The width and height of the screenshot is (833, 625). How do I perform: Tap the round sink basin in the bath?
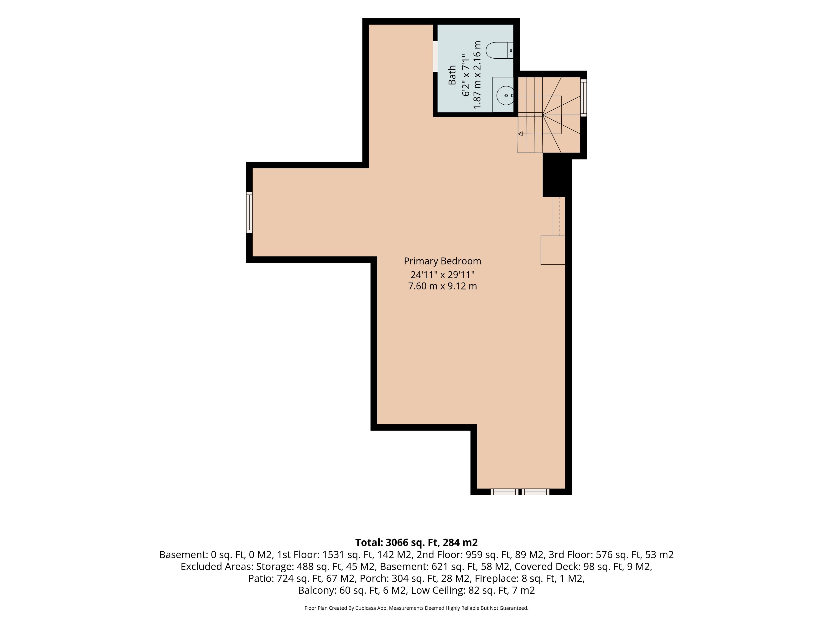pyautogui.click(x=505, y=96)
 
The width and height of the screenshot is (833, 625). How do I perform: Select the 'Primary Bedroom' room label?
pyautogui.click(x=443, y=261)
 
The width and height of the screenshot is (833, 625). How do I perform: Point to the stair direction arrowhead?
pyautogui.click(x=520, y=134)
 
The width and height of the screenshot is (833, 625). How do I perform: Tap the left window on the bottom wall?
pyautogui.click(x=504, y=492)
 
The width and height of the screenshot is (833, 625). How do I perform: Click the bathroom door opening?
pyautogui.click(x=435, y=56)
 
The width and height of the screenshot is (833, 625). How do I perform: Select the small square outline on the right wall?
pyautogui.click(x=553, y=250)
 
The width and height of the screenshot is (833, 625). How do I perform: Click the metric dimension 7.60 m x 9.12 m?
pyautogui.click(x=443, y=286)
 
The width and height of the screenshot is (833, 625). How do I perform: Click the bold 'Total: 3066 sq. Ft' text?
pyautogui.click(x=397, y=543)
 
